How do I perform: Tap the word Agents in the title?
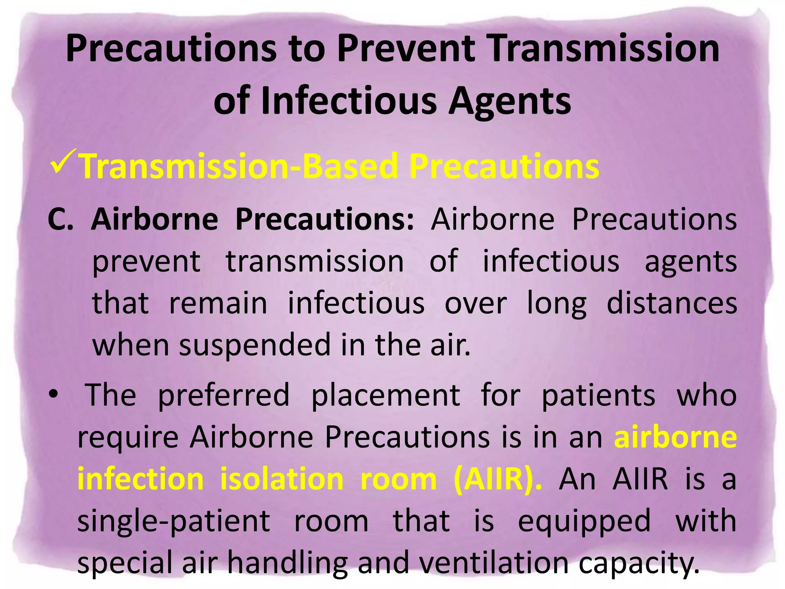pyautogui.click(x=509, y=101)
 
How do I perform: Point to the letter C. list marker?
pyautogui.click(x=61, y=219)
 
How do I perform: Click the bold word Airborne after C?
pyautogui.click(x=154, y=219)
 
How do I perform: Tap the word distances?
pyautogui.click(x=672, y=303)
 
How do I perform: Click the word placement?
pyautogui.click(x=386, y=395)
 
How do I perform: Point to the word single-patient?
pyautogui.click(x=174, y=522)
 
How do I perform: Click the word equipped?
pyautogui.click(x=584, y=522)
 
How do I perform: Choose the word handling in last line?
pyautogui.click(x=287, y=563)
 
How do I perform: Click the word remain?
pyautogui.click(x=218, y=303)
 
